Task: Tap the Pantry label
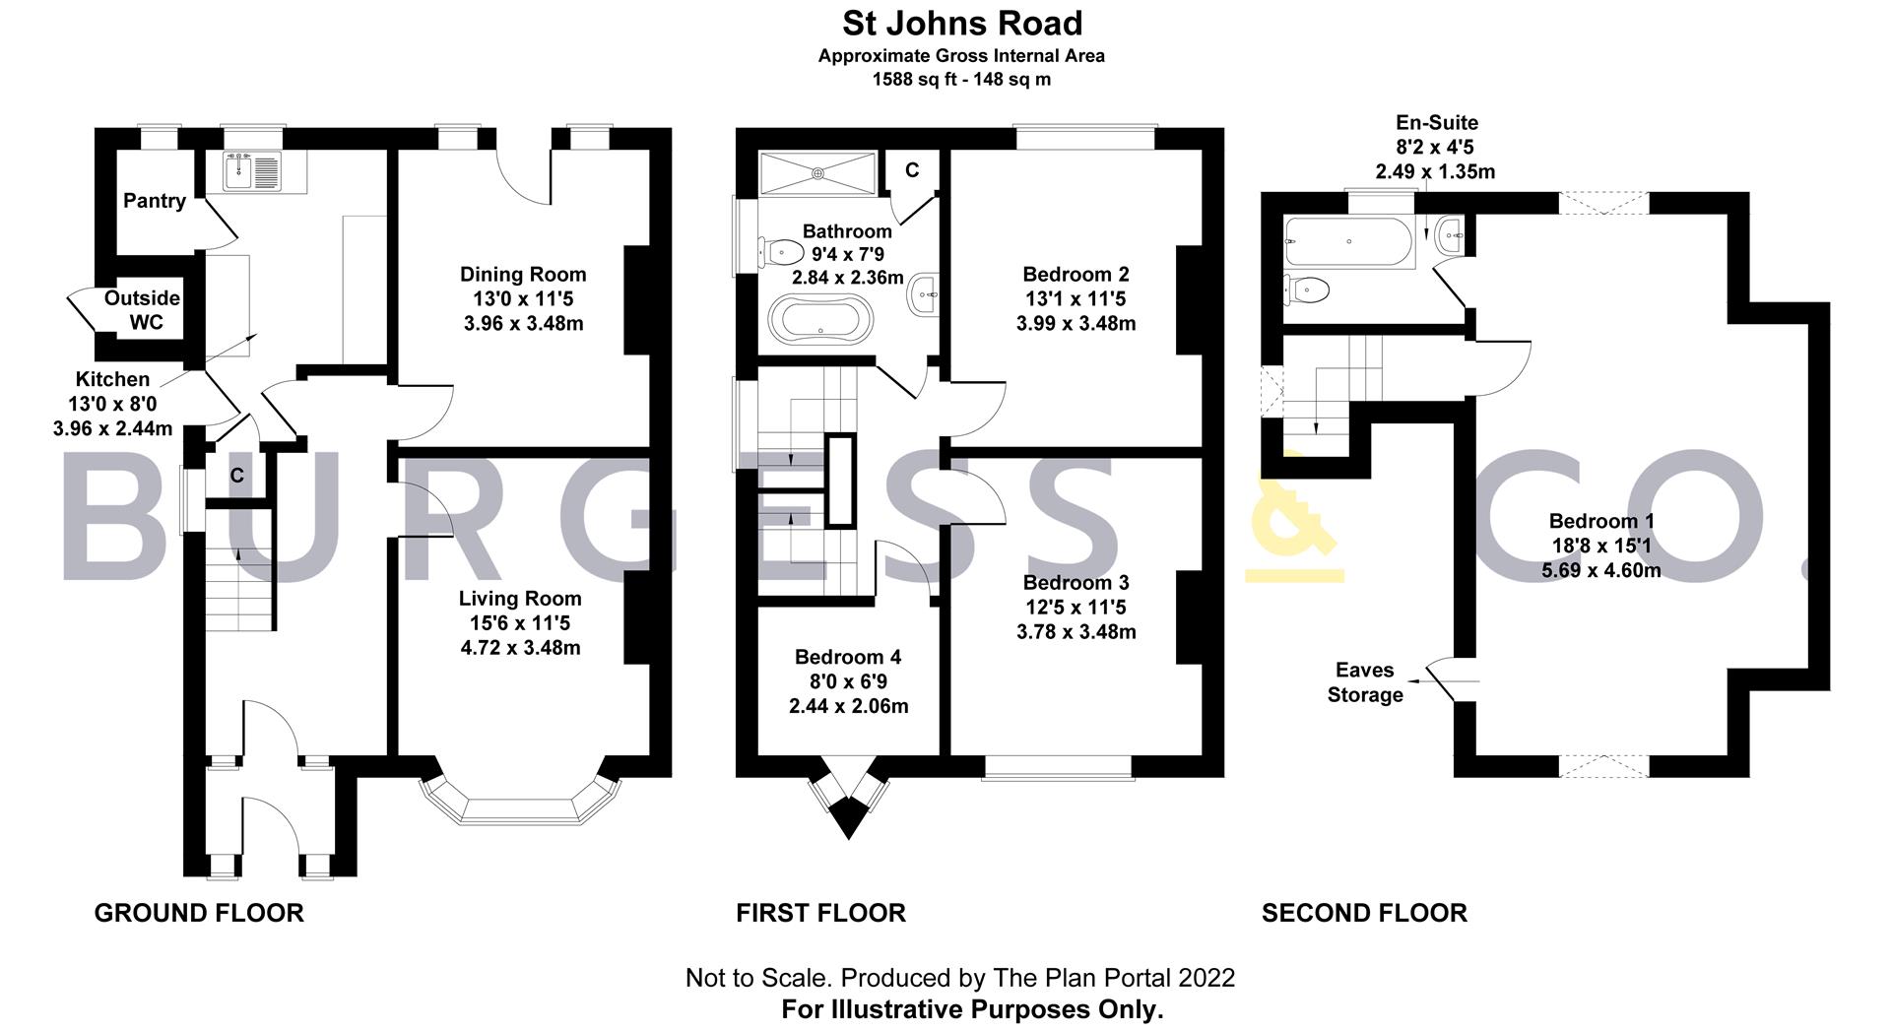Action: tap(155, 201)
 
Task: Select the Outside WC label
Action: tap(143, 309)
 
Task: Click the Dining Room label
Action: tap(523, 275)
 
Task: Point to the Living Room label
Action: tap(520, 599)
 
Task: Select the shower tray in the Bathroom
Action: tap(817, 173)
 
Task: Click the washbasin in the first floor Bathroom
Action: tap(923, 292)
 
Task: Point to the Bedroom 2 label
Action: tap(1076, 275)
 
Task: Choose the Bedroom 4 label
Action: tap(848, 657)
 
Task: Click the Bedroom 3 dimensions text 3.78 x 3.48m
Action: tap(1076, 631)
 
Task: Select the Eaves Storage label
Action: tap(1365, 682)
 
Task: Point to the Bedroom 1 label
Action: tap(1601, 521)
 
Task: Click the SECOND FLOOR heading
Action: tap(1364, 914)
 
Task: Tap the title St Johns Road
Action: tap(961, 24)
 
